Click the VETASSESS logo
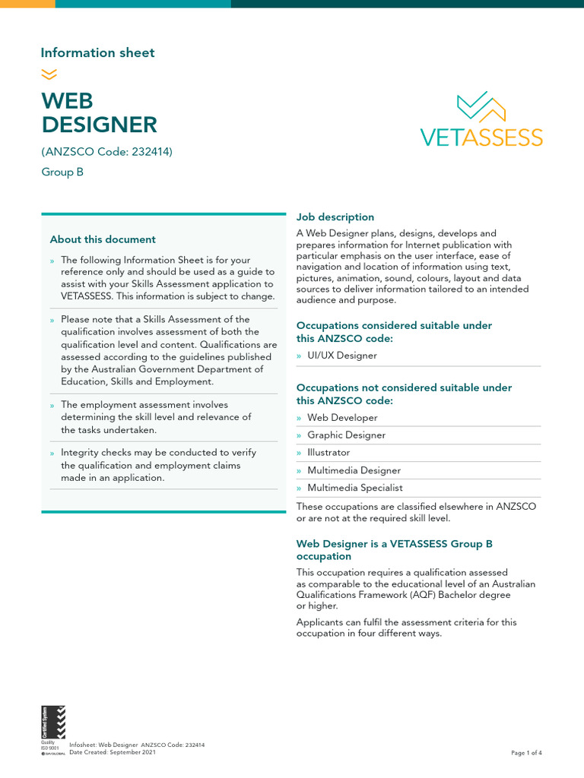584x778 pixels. (481, 119)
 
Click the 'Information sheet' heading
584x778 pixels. (97, 52)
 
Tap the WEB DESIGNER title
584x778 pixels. (99, 112)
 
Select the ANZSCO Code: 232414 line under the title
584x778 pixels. (107, 151)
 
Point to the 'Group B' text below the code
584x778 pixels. (62, 172)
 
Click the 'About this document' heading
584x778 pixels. (103, 239)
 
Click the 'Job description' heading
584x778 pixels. (335, 217)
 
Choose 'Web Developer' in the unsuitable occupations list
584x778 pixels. (342, 418)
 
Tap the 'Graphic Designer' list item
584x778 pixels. (346, 435)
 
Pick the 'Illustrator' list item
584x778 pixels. (328, 453)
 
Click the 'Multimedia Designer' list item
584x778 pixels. (354, 470)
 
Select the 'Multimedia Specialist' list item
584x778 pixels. (355, 488)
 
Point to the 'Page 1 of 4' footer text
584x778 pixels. (526, 753)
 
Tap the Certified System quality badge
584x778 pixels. (53, 730)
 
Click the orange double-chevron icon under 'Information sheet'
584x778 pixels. (49, 74)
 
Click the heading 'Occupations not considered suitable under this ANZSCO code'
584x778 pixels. (404, 394)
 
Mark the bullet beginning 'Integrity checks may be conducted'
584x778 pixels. (158, 465)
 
